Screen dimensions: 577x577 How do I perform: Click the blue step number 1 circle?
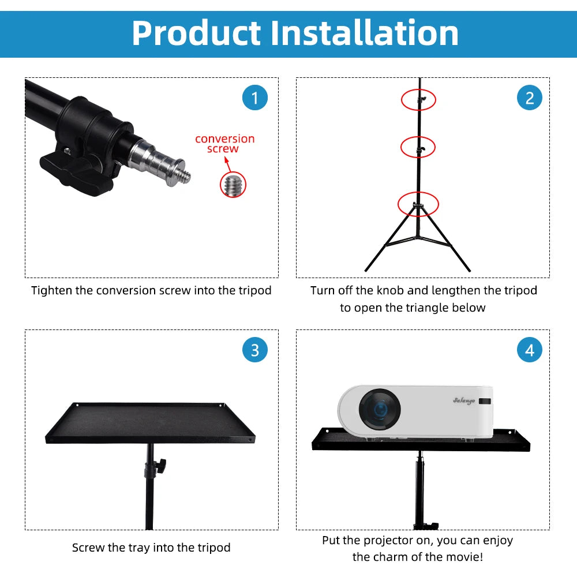click(255, 98)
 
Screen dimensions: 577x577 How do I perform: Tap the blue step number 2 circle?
click(530, 98)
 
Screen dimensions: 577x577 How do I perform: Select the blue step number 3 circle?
click(255, 350)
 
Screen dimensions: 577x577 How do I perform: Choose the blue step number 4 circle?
click(530, 350)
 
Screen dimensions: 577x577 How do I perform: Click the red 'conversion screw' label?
click(224, 144)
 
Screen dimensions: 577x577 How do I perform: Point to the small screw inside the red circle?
click(233, 185)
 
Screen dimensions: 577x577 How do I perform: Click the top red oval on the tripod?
click(419, 100)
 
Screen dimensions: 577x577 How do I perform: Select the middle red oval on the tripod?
click(419, 147)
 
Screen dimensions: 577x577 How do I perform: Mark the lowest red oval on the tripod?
click(418, 204)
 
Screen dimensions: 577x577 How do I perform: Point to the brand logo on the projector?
click(463, 400)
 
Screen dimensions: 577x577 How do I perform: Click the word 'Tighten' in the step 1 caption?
click(51, 290)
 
